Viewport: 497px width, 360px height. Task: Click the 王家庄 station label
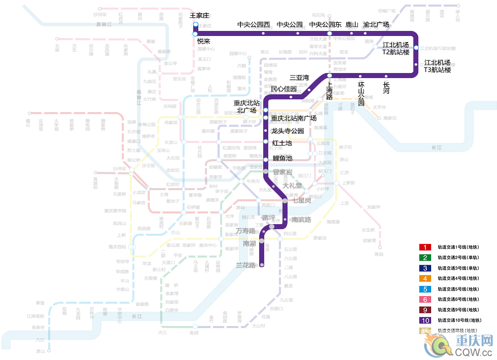click(x=200, y=16)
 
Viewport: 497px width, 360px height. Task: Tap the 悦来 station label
click(x=204, y=41)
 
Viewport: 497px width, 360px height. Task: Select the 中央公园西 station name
click(x=254, y=24)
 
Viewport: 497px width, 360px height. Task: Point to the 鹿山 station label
click(x=352, y=24)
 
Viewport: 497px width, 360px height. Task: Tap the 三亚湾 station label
click(x=299, y=78)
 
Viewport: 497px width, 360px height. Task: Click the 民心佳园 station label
click(x=283, y=89)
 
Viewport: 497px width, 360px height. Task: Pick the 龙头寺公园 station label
click(x=288, y=131)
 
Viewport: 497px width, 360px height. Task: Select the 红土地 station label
click(x=282, y=143)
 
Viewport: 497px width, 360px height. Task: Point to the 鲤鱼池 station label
click(x=282, y=159)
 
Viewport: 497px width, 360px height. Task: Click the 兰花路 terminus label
click(x=246, y=265)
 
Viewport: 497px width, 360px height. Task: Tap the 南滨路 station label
click(x=301, y=220)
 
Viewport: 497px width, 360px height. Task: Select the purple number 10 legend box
click(x=424, y=320)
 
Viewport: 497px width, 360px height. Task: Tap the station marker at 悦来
click(x=195, y=34)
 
